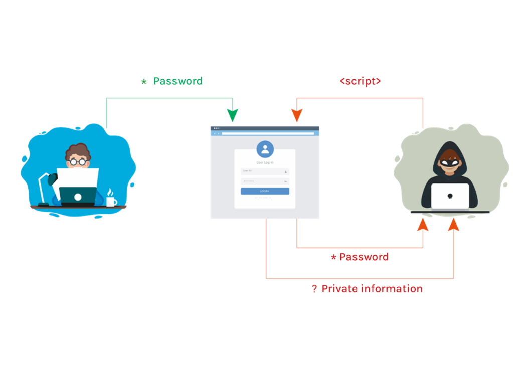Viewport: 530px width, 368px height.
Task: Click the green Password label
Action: (x=178, y=81)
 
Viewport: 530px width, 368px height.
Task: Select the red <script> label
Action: (x=360, y=81)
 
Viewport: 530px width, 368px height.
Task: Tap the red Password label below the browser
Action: (x=364, y=257)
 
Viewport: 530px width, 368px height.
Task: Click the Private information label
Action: (x=372, y=289)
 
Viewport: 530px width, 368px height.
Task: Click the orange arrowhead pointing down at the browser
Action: (x=297, y=116)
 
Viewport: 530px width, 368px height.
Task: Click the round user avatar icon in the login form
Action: (x=265, y=149)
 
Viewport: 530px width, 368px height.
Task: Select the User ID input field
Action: (x=265, y=171)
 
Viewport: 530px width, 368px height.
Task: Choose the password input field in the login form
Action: (x=265, y=181)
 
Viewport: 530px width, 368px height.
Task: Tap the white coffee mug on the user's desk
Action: (x=111, y=201)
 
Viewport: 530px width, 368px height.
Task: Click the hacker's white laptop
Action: (x=450, y=196)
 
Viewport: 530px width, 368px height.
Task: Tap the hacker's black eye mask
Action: (x=450, y=162)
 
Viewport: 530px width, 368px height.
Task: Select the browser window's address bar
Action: (x=268, y=133)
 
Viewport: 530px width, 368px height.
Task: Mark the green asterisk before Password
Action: (x=144, y=82)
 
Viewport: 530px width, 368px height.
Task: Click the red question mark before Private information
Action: (x=314, y=289)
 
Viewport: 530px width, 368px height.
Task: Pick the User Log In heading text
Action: (x=265, y=162)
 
